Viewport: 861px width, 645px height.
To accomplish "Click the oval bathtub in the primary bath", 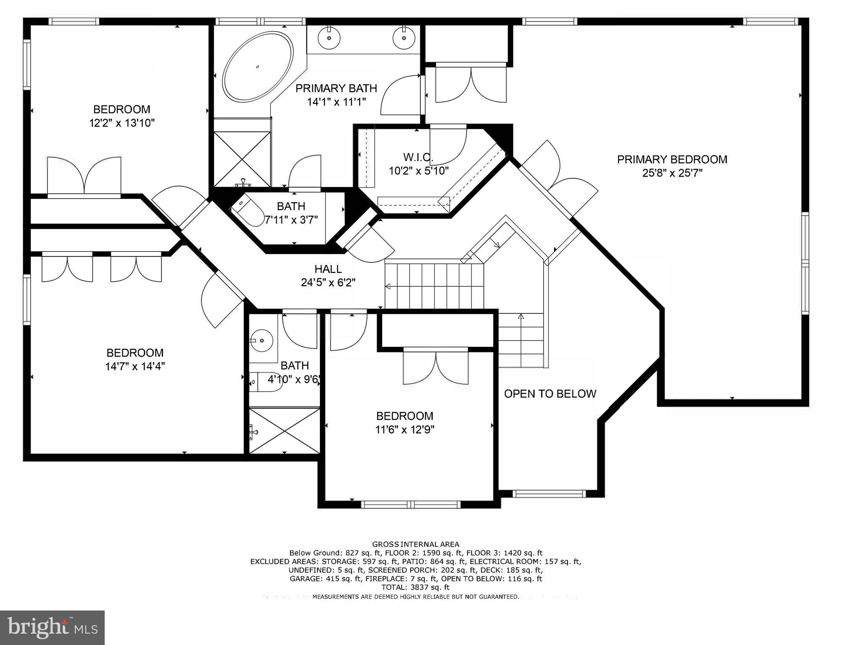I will pyautogui.click(x=257, y=67).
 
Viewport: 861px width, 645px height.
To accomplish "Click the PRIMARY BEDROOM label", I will pyautogui.click(x=672, y=159).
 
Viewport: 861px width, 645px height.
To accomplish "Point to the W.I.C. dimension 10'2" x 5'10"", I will pyautogui.click(x=419, y=171).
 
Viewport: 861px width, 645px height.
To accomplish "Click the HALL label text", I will pyautogui.click(x=328, y=269).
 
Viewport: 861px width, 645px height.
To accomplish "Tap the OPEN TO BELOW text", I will pyautogui.click(x=550, y=394).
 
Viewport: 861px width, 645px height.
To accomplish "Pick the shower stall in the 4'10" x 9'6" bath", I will pyautogui.click(x=285, y=430).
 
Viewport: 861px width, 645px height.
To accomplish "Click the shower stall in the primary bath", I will pyautogui.click(x=242, y=159).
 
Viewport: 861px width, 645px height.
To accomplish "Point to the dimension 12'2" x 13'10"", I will pyautogui.click(x=122, y=123).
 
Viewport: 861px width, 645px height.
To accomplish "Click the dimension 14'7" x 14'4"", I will pyautogui.click(x=135, y=367).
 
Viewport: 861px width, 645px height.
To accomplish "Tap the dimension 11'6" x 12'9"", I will pyautogui.click(x=404, y=430).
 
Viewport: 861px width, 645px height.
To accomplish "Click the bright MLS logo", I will pyautogui.click(x=52, y=627).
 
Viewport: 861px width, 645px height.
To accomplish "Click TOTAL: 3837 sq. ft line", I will pyautogui.click(x=415, y=587).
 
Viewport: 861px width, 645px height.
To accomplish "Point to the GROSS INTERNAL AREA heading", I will pyautogui.click(x=415, y=544).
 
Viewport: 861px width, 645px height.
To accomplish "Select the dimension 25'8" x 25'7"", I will pyautogui.click(x=672, y=173).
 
